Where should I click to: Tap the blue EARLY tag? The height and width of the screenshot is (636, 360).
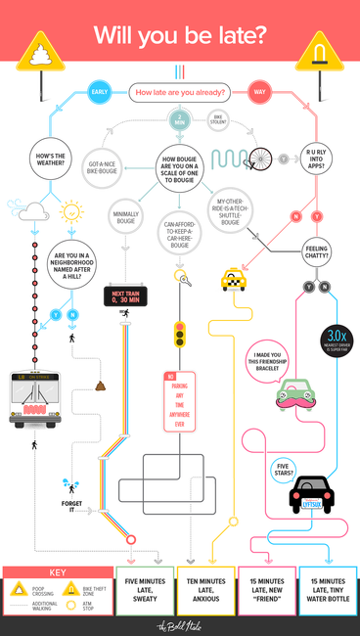coord(99,92)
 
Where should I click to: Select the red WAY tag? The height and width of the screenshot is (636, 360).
coord(260,92)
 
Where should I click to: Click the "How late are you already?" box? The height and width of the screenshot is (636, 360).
coord(180,93)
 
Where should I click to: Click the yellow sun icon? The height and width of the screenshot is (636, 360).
coord(70,210)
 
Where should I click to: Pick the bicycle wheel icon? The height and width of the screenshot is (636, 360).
coord(260,159)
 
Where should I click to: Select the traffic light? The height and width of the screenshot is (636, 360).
coord(179,336)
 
